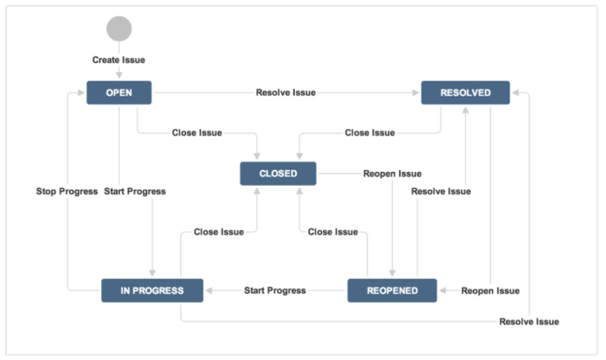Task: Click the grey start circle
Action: [119, 29]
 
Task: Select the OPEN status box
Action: [119, 93]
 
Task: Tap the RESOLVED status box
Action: [465, 93]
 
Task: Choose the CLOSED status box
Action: [278, 173]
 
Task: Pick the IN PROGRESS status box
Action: [152, 291]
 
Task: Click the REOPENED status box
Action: [392, 291]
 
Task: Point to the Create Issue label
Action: [119, 60]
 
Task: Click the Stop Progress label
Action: [67, 191]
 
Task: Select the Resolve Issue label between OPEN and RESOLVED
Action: [286, 93]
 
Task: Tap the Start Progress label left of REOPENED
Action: [275, 291]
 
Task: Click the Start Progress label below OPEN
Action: [135, 191]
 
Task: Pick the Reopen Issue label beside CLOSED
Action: [392, 174]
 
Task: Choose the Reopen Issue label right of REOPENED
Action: [490, 291]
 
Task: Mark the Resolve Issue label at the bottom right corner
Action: [529, 322]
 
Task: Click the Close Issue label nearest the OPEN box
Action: [197, 133]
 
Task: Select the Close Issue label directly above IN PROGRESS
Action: [219, 232]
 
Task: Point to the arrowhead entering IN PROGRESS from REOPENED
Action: [208, 291]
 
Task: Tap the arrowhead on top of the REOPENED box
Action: [392, 273]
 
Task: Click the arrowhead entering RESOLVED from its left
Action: [416, 93]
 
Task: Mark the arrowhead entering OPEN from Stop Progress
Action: [81, 93]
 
